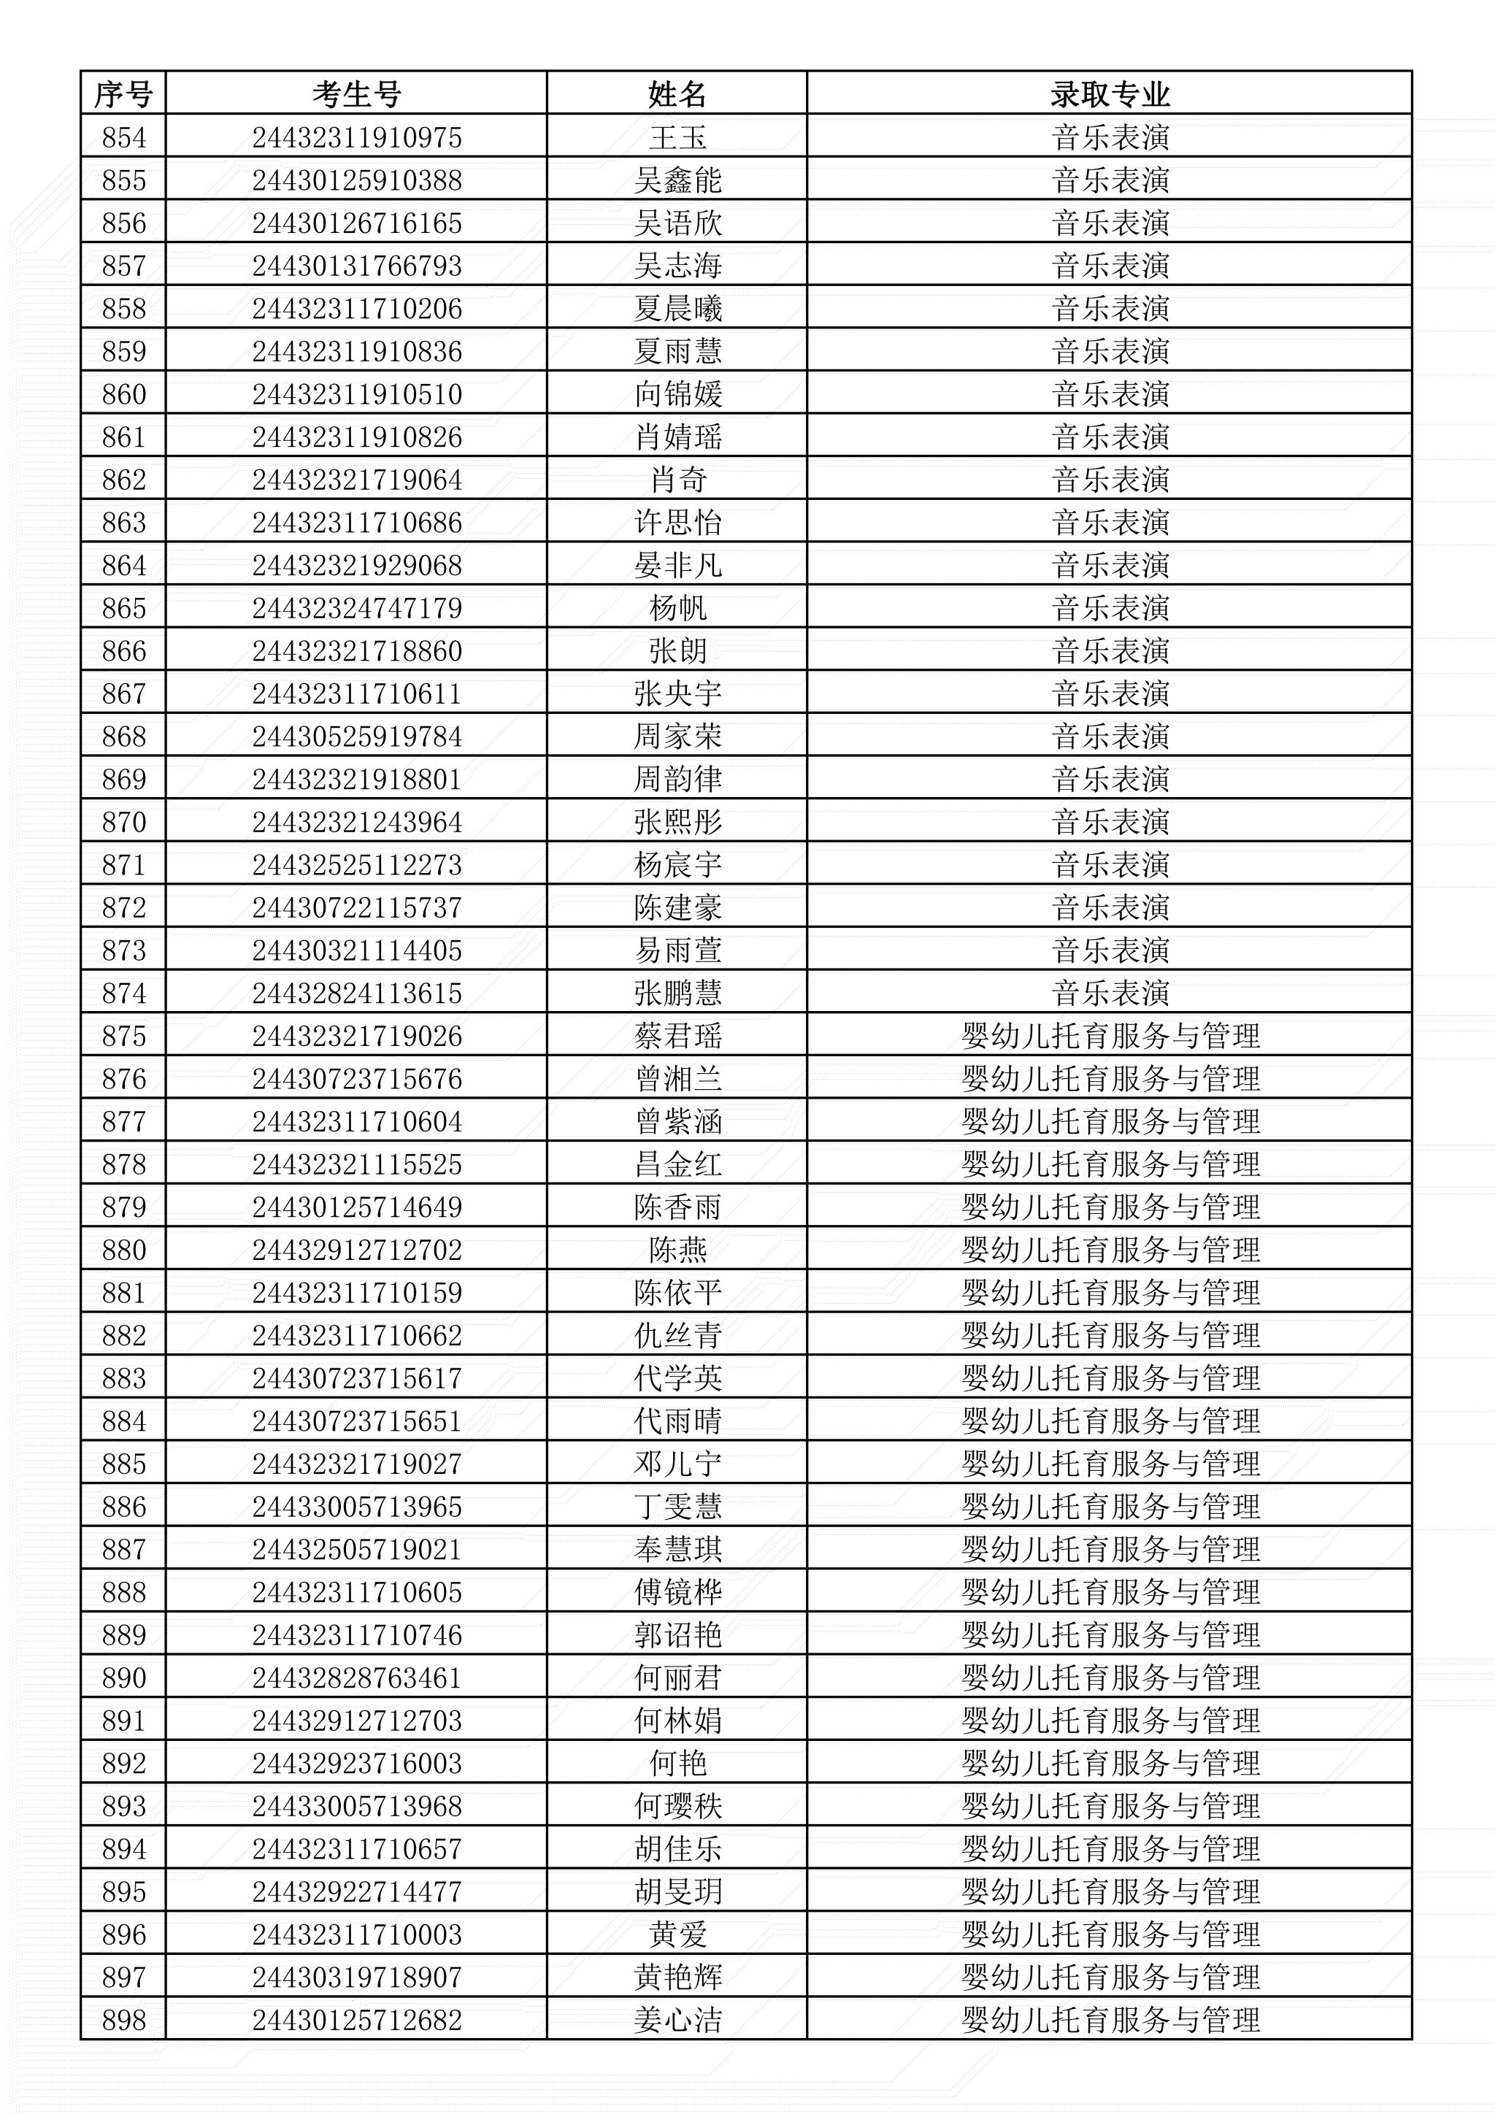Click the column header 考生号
(x=356, y=94)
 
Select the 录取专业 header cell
(x=1110, y=94)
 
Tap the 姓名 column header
(x=677, y=94)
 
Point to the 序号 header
(x=123, y=94)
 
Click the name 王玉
(x=677, y=138)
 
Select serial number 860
(x=123, y=394)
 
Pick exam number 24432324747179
(x=356, y=607)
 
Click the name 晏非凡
(x=677, y=565)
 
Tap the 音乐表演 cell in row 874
(x=1110, y=993)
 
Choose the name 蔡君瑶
(x=677, y=1036)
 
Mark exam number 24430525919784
(x=356, y=737)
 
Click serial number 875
(x=123, y=1036)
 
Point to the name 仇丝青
(x=677, y=1335)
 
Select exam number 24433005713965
(x=356, y=1507)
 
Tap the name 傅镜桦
(x=677, y=1592)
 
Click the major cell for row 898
(x=1110, y=2019)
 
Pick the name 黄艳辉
(x=677, y=1977)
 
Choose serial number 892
(x=123, y=1763)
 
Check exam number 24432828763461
(x=356, y=1677)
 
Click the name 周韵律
(x=677, y=779)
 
